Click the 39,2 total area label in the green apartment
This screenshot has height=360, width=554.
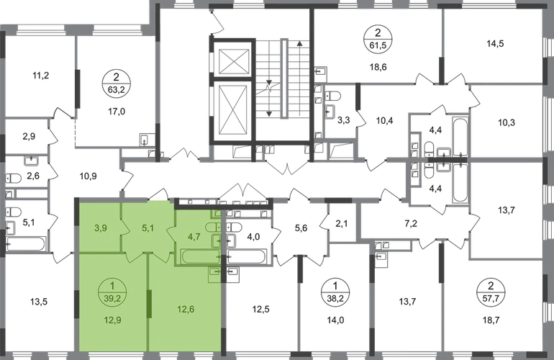pyautogui.click(x=112, y=299)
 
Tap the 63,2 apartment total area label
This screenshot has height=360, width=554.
pyautogui.click(x=117, y=90)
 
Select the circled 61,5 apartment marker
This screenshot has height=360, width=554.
pyautogui.click(x=378, y=40)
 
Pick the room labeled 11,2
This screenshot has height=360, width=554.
pyautogui.click(x=40, y=76)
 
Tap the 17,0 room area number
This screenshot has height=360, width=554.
pyautogui.click(x=117, y=112)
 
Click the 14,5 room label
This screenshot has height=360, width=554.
pyautogui.click(x=495, y=44)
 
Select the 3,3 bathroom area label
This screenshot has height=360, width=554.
pyautogui.click(x=343, y=120)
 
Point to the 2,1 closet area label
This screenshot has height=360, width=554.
pyautogui.click(x=342, y=223)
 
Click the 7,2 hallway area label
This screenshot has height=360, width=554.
pyautogui.click(x=412, y=223)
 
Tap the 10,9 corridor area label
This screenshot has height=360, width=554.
pyautogui.click(x=88, y=176)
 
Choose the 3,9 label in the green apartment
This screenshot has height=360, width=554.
pyautogui.click(x=101, y=228)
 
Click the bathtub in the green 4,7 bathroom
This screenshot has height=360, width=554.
pyautogui.click(x=201, y=256)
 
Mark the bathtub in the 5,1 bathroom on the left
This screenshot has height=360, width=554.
pyautogui.click(x=25, y=243)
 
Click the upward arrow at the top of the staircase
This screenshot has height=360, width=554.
pyautogui.click(x=299, y=78)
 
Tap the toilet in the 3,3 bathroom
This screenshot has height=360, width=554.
pyautogui.click(x=332, y=96)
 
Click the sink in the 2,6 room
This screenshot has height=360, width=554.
pyautogui.click(x=32, y=161)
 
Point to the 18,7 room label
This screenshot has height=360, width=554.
pyautogui.click(x=491, y=320)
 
